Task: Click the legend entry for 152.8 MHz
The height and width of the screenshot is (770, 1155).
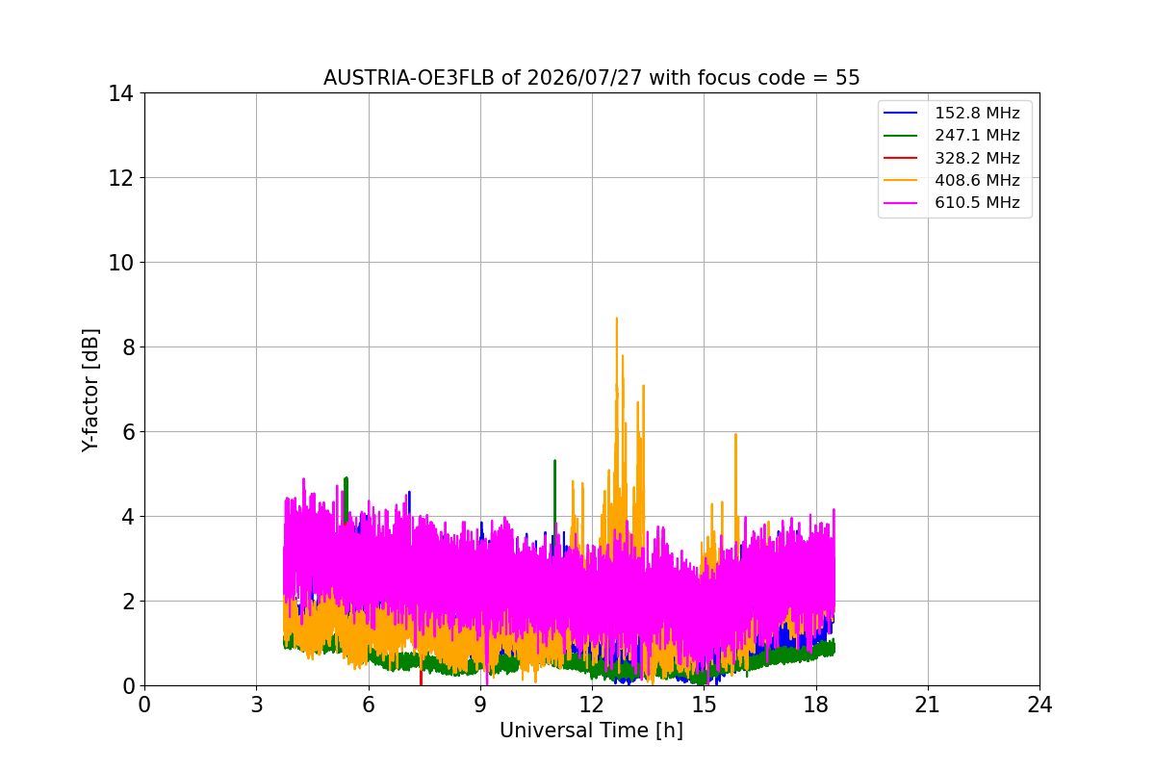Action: click(951, 113)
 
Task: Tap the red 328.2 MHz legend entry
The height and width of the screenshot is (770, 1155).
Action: click(951, 158)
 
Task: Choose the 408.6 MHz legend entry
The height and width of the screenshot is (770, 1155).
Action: click(951, 180)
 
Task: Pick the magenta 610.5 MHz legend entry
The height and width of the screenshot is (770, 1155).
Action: click(951, 203)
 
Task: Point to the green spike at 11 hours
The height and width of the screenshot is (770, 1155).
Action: click(554, 495)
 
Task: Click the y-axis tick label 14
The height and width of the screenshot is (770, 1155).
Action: click(120, 93)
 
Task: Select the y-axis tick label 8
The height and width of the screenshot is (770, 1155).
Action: click(128, 347)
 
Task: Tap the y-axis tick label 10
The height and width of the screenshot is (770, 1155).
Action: click(120, 263)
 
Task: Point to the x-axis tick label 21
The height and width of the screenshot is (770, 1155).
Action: click(928, 705)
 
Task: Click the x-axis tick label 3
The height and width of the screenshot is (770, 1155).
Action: click(257, 705)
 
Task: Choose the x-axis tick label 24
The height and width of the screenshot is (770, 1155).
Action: click(1039, 705)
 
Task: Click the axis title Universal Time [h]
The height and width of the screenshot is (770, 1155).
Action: click(591, 731)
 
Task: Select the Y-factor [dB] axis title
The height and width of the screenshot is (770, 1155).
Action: click(90, 391)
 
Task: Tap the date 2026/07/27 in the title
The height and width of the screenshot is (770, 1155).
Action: click(585, 78)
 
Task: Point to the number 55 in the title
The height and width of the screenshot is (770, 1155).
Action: click(847, 78)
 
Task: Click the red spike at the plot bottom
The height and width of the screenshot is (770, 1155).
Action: click(421, 677)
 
